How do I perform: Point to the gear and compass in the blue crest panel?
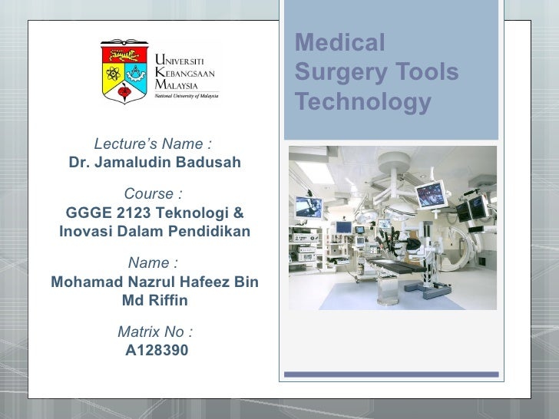click(137, 76)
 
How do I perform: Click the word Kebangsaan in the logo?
click(185, 72)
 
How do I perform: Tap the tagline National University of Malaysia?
click(187, 96)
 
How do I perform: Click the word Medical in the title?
click(339, 43)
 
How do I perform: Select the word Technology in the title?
click(363, 102)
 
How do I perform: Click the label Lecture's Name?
click(153, 144)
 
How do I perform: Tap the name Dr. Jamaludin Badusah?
click(155, 163)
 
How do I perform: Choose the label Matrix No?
click(155, 332)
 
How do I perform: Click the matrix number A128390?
click(156, 351)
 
